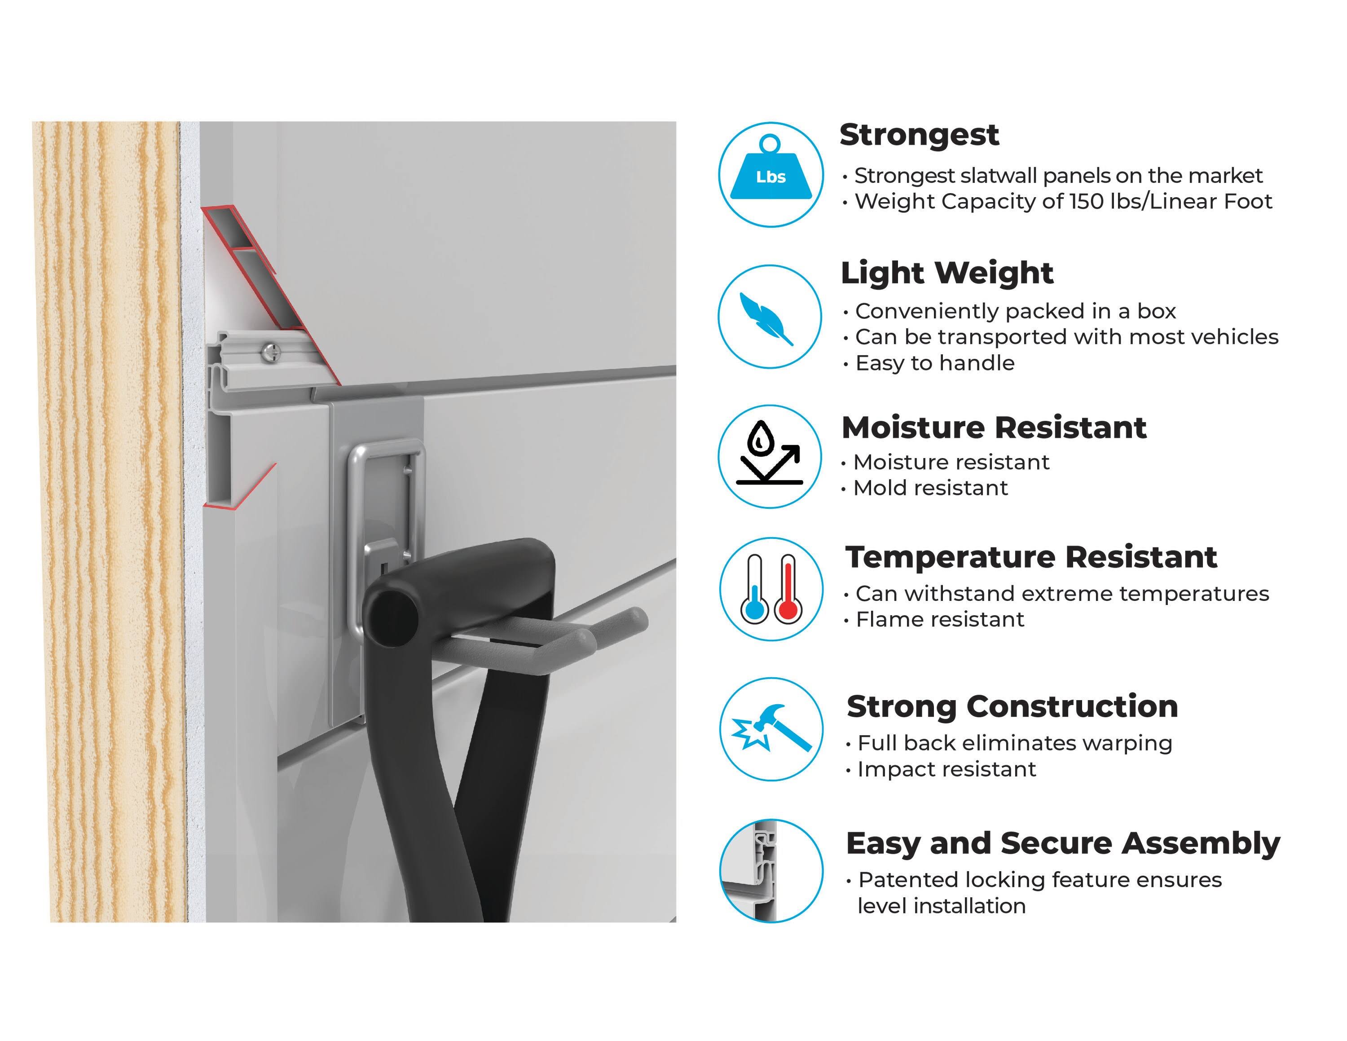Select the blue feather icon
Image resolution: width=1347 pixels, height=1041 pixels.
[x=766, y=318]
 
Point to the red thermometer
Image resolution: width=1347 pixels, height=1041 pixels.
[x=788, y=588]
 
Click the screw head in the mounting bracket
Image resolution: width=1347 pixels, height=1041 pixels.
[x=271, y=352]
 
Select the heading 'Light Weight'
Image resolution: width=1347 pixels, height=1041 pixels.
[x=947, y=273]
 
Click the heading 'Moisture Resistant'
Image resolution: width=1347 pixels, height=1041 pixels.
[x=994, y=428]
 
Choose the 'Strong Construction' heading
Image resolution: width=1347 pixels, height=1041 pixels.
[x=1012, y=707]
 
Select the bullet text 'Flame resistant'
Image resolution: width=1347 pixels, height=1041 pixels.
[x=940, y=619]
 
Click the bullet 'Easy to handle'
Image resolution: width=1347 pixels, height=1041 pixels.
[x=934, y=363]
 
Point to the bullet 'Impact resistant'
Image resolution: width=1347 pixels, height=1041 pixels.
[x=947, y=770]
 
